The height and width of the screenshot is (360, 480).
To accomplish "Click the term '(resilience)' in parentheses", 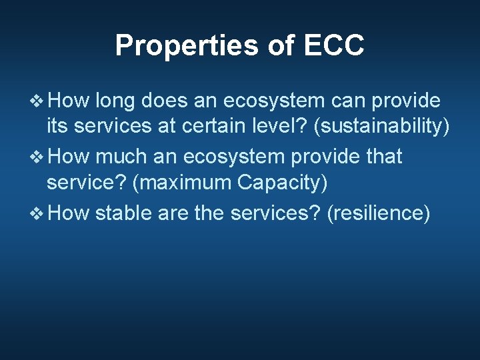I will [378, 213].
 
